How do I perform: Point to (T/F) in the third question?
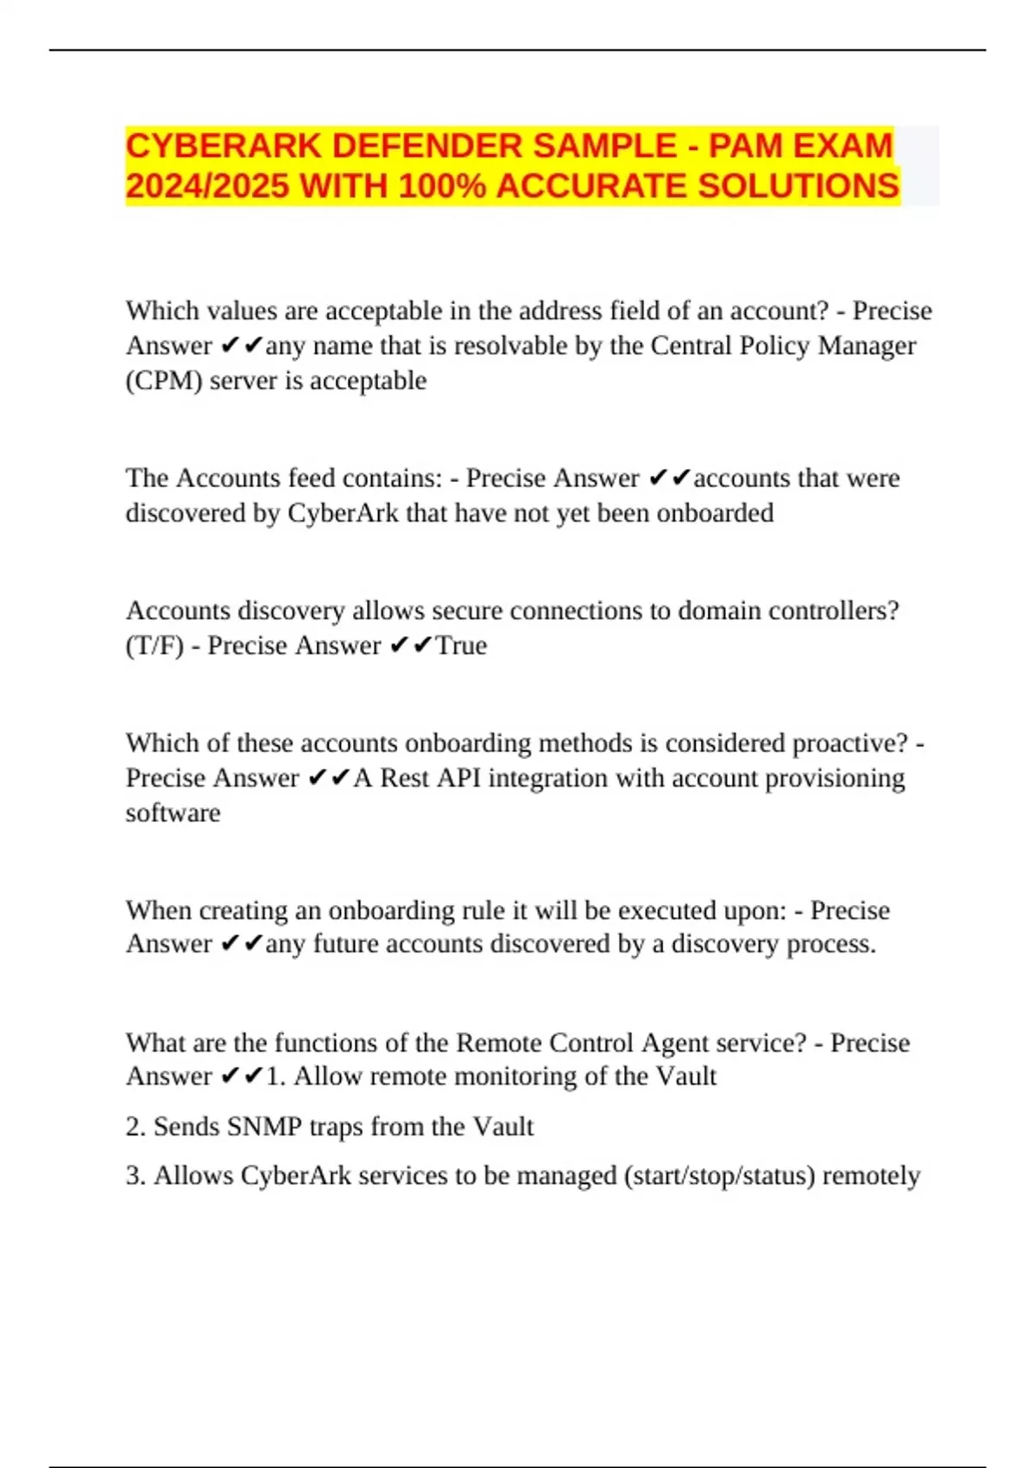[155, 645]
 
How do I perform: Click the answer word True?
[461, 645]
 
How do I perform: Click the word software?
[173, 813]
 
